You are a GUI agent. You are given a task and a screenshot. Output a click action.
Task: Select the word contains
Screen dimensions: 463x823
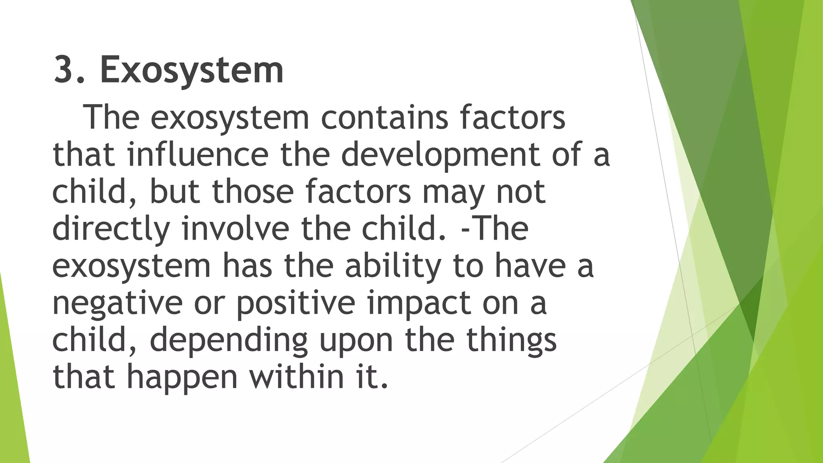click(384, 117)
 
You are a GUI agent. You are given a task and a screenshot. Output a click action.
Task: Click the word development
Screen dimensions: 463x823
click(440, 155)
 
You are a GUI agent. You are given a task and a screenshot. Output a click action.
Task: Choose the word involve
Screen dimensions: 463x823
click(235, 228)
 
